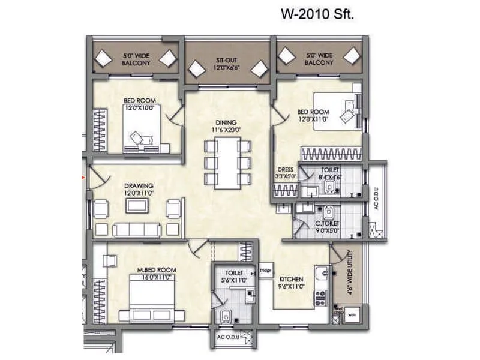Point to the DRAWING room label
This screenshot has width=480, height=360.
139,185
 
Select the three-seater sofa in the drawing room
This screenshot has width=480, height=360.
137,230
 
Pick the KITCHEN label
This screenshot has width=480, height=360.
290,280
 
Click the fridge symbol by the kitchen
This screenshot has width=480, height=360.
265,269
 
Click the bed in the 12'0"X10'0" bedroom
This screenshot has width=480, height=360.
142,130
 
